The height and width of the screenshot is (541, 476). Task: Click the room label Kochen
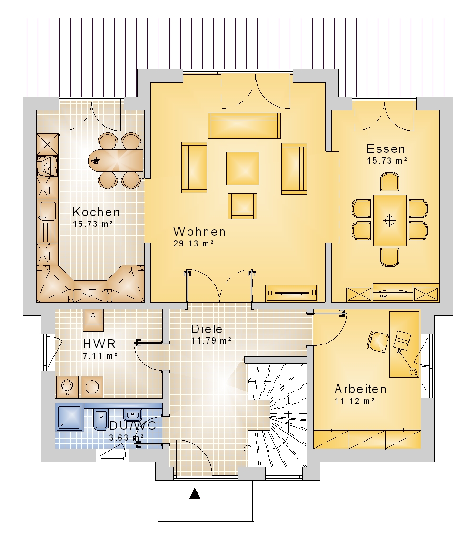point(96,212)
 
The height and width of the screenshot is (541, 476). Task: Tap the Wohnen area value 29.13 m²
point(194,243)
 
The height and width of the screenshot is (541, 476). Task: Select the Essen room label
point(386,149)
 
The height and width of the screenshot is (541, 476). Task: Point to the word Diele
point(207,329)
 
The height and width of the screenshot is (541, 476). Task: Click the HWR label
point(99,344)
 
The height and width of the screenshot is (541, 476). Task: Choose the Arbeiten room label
point(360,389)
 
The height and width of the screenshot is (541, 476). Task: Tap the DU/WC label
point(133,425)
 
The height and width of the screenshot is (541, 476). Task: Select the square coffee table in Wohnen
point(243,168)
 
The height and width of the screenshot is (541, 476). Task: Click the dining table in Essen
point(390,220)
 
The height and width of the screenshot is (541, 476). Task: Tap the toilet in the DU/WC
point(101,420)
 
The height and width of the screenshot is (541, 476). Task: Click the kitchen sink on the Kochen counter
point(47,211)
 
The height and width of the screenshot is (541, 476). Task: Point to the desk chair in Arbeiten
point(378,342)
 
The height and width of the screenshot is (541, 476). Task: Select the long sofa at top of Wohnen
point(244,126)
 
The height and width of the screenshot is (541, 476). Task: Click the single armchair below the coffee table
point(242,206)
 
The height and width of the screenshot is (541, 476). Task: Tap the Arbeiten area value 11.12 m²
point(355,401)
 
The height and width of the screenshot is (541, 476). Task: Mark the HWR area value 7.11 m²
point(100,355)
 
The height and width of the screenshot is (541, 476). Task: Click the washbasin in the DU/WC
point(133,413)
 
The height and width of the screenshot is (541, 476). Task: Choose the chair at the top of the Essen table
point(390,182)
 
